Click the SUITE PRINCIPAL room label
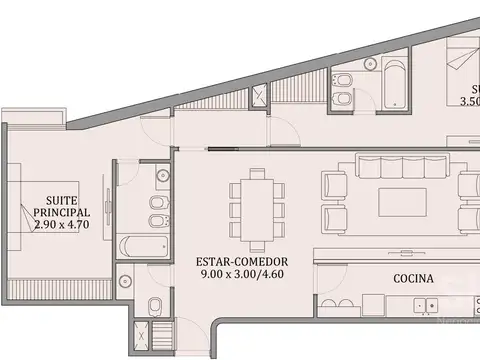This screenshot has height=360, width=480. (x=62, y=206)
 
